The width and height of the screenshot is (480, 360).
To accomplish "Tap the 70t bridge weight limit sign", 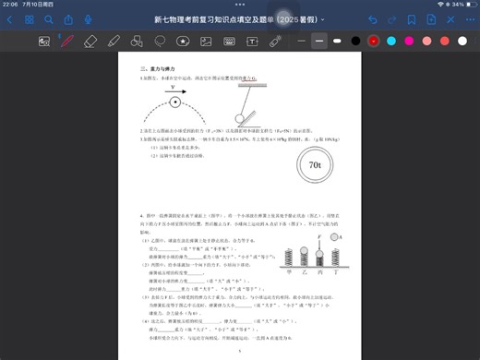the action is [314, 165].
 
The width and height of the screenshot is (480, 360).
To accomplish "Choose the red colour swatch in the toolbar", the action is [374, 42].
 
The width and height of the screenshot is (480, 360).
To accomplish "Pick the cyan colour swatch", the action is [391, 42].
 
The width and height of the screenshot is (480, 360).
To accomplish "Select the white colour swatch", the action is [462, 42].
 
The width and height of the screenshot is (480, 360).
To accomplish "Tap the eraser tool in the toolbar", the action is [90, 42].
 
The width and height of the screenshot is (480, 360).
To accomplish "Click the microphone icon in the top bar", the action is [88, 19].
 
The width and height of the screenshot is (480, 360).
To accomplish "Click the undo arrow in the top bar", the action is [373, 19].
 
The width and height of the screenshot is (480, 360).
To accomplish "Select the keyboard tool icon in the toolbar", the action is [228, 42].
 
